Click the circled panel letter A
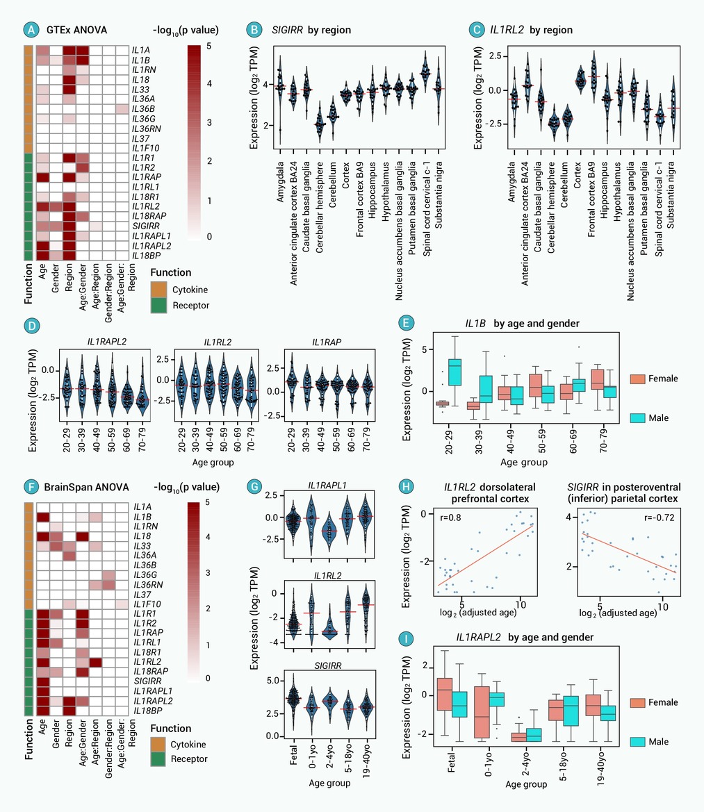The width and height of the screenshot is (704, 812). point(30,30)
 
